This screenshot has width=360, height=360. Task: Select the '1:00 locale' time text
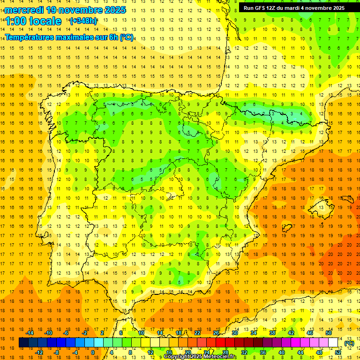[x=33, y=21]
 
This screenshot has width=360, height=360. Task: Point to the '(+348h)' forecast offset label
[x=83, y=21]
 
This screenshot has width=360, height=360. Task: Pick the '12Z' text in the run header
[x=274, y=8]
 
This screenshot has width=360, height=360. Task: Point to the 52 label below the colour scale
[x=338, y=352]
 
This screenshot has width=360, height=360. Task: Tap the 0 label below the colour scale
[x=93, y=352]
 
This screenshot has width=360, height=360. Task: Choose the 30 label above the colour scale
[x=234, y=333]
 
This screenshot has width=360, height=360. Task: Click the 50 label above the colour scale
[x=329, y=333]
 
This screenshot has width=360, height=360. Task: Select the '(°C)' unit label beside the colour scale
[x=349, y=343]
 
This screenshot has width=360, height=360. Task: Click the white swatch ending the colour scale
[x=333, y=343]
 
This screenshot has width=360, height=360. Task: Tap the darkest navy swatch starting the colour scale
[x=23, y=343]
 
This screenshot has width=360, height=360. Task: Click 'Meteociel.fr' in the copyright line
[x=220, y=357]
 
